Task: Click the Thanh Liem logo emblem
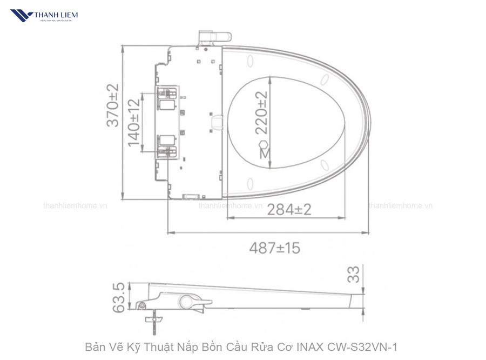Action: click(22, 15)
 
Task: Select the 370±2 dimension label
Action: click(112, 105)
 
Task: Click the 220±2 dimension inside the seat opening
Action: click(261, 112)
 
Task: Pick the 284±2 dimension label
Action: click(289, 209)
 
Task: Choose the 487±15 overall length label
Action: click(274, 248)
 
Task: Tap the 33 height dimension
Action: click(354, 275)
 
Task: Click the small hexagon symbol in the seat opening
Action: click(264, 144)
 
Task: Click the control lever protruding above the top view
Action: click(214, 37)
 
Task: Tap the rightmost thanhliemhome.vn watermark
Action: click(400, 206)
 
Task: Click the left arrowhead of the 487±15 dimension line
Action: click(170, 233)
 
